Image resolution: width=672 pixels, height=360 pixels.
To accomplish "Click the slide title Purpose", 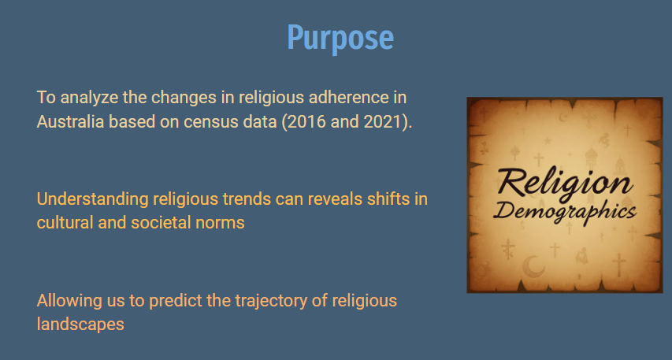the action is click(340, 39).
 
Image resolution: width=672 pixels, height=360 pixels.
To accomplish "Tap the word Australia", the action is click(70, 122).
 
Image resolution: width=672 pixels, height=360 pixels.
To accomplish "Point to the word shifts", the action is click(388, 199).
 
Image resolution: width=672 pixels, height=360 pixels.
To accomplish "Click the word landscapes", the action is click(80, 325).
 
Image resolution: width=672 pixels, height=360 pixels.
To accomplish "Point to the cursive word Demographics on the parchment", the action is click(566, 211).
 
